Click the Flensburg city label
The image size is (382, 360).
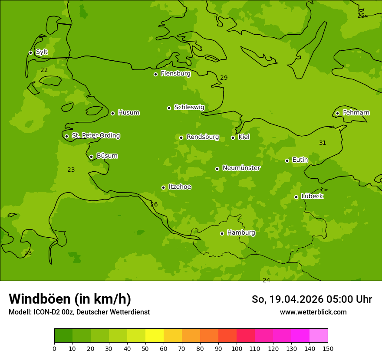pos(175,74)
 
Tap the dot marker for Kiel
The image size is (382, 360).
pos(233,137)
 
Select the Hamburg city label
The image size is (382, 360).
pos(241,233)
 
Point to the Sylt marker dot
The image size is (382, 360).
pos(30,52)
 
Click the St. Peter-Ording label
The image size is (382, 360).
pos(95,136)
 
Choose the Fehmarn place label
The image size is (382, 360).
pos(356,113)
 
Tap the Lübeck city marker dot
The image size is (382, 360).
pos(296,197)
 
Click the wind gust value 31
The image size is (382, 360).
pos(323,143)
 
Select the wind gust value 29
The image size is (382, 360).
pos(224,78)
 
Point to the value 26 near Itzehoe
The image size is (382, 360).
pos(154,205)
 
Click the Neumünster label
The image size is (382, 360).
pos(241,168)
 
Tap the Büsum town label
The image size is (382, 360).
pos(107,156)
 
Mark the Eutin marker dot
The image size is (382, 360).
pos(287,160)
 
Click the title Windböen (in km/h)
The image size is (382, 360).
pos(70,299)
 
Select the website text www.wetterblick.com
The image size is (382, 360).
pos(313,312)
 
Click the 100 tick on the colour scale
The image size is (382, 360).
pos(237,348)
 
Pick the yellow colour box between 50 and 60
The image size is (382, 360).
pos(155,336)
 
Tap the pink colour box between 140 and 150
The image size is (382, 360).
pos(319,336)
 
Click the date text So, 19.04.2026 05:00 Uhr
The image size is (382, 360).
pos(312,299)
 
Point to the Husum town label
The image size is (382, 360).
pos(128,113)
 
